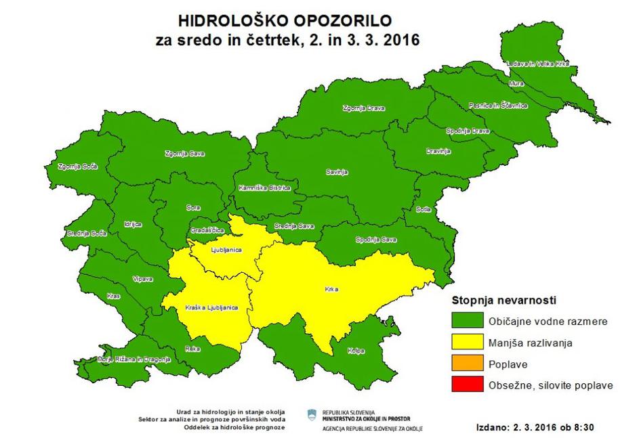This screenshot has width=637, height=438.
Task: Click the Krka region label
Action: click(x=331, y=290)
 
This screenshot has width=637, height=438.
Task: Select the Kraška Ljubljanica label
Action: click(x=211, y=308)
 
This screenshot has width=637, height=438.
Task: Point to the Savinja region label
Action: click(x=336, y=173)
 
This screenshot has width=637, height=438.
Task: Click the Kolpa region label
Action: click(x=356, y=351)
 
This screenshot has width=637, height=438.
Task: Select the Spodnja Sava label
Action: click(x=375, y=240)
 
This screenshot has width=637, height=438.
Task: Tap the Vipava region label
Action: click(x=143, y=278)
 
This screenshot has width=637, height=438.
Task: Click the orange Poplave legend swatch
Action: click(x=467, y=364)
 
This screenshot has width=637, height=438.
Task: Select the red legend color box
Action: click(x=467, y=385)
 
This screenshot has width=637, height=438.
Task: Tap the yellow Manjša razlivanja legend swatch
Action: click(x=467, y=343)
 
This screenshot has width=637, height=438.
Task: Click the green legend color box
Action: click(x=467, y=320)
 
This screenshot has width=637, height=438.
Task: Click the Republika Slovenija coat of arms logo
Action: click(x=312, y=414)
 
